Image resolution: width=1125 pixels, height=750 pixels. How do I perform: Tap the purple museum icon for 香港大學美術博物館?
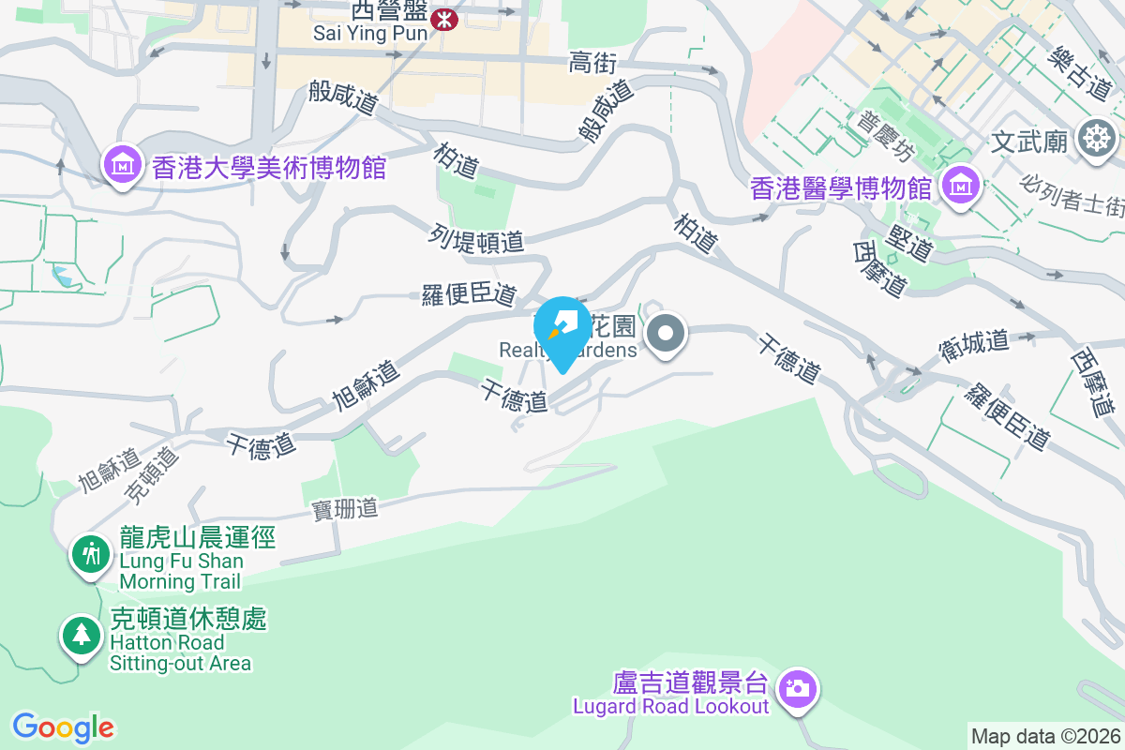(122, 168)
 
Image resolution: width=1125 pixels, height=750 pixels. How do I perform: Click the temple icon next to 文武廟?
(1094, 139)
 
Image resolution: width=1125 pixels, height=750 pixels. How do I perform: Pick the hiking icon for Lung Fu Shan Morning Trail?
(91, 554)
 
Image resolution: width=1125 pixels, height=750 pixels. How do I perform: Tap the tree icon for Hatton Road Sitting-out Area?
(82, 637)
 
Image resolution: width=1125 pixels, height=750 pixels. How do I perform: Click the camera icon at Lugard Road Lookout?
(798, 689)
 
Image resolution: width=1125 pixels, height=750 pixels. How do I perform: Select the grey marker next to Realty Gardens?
(666, 333)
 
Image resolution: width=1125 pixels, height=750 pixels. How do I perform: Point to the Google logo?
(63, 727)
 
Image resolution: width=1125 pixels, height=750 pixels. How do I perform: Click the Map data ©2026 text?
(1044, 736)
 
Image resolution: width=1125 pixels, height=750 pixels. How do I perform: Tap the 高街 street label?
(592, 63)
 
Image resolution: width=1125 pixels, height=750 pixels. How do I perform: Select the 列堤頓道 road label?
(477, 240)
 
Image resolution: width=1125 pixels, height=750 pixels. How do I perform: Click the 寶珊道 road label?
(345, 509)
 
